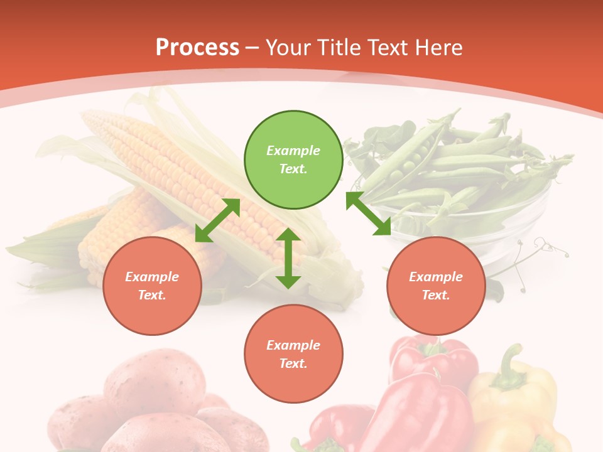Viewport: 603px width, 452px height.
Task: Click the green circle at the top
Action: (x=293, y=160)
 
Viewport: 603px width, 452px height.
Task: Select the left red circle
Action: (x=152, y=286)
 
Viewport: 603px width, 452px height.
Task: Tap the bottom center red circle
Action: (x=293, y=354)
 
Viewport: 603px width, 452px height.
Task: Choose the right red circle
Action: (x=436, y=286)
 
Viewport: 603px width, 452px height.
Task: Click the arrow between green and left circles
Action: (x=218, y=220)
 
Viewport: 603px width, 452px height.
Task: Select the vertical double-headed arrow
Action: (x=288, y=258)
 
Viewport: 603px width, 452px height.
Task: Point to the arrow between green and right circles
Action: (x=369, y=214)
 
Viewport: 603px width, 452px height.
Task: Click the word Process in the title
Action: (x=197, y=47)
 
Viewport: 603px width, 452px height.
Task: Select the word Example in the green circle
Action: (x=293, y=151)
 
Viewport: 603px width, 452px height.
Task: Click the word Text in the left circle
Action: (x=152, y=296)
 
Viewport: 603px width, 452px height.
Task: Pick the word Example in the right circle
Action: (x=436, y=277)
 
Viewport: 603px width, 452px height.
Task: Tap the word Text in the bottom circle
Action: (x=293, y=363)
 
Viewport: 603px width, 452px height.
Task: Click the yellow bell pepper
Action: (x=515, y=402)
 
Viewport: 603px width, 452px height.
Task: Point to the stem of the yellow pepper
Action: (x=510, y=364)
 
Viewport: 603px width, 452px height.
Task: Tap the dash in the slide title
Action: (x=253, y=48)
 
